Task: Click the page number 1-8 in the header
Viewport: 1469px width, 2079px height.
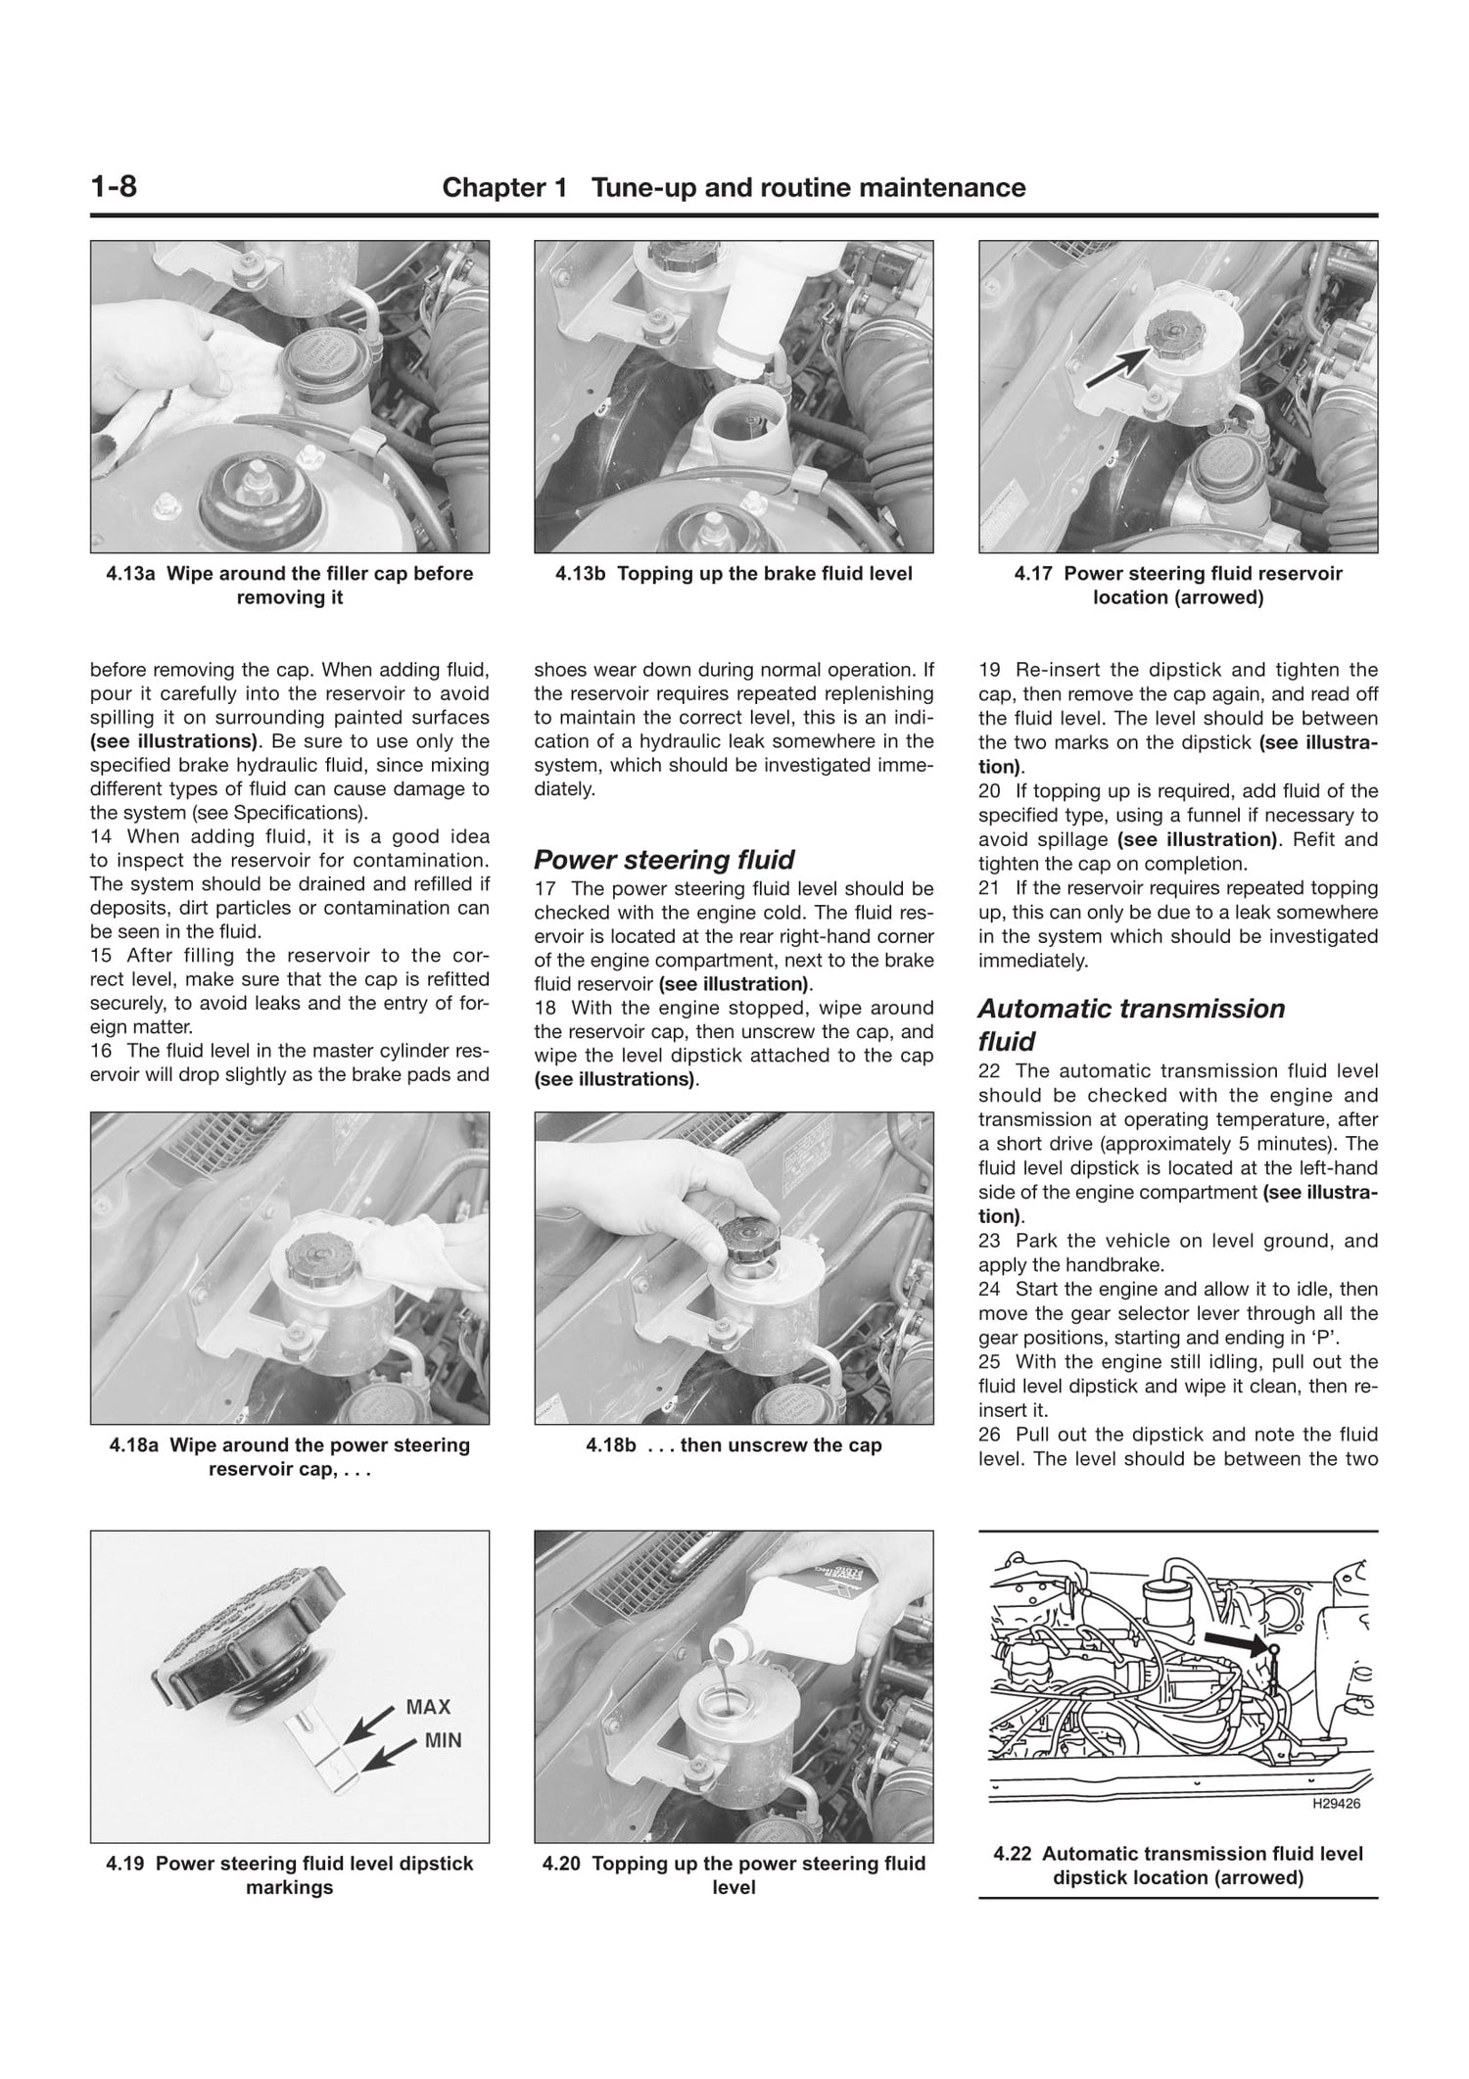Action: (114, 186)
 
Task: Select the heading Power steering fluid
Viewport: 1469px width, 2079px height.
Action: (663, 860)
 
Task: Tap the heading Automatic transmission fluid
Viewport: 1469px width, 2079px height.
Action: (1130, 1024)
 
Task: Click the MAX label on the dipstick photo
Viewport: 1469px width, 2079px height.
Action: (428, 1707)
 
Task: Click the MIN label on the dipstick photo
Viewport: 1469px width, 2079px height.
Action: (443, 1740)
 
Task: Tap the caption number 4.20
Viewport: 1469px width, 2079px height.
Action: (563, 1864)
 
